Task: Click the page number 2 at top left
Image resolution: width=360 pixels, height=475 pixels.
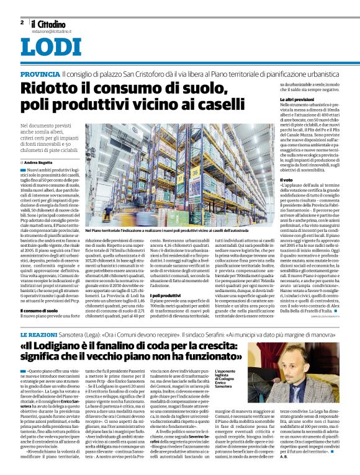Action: [22, 22]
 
